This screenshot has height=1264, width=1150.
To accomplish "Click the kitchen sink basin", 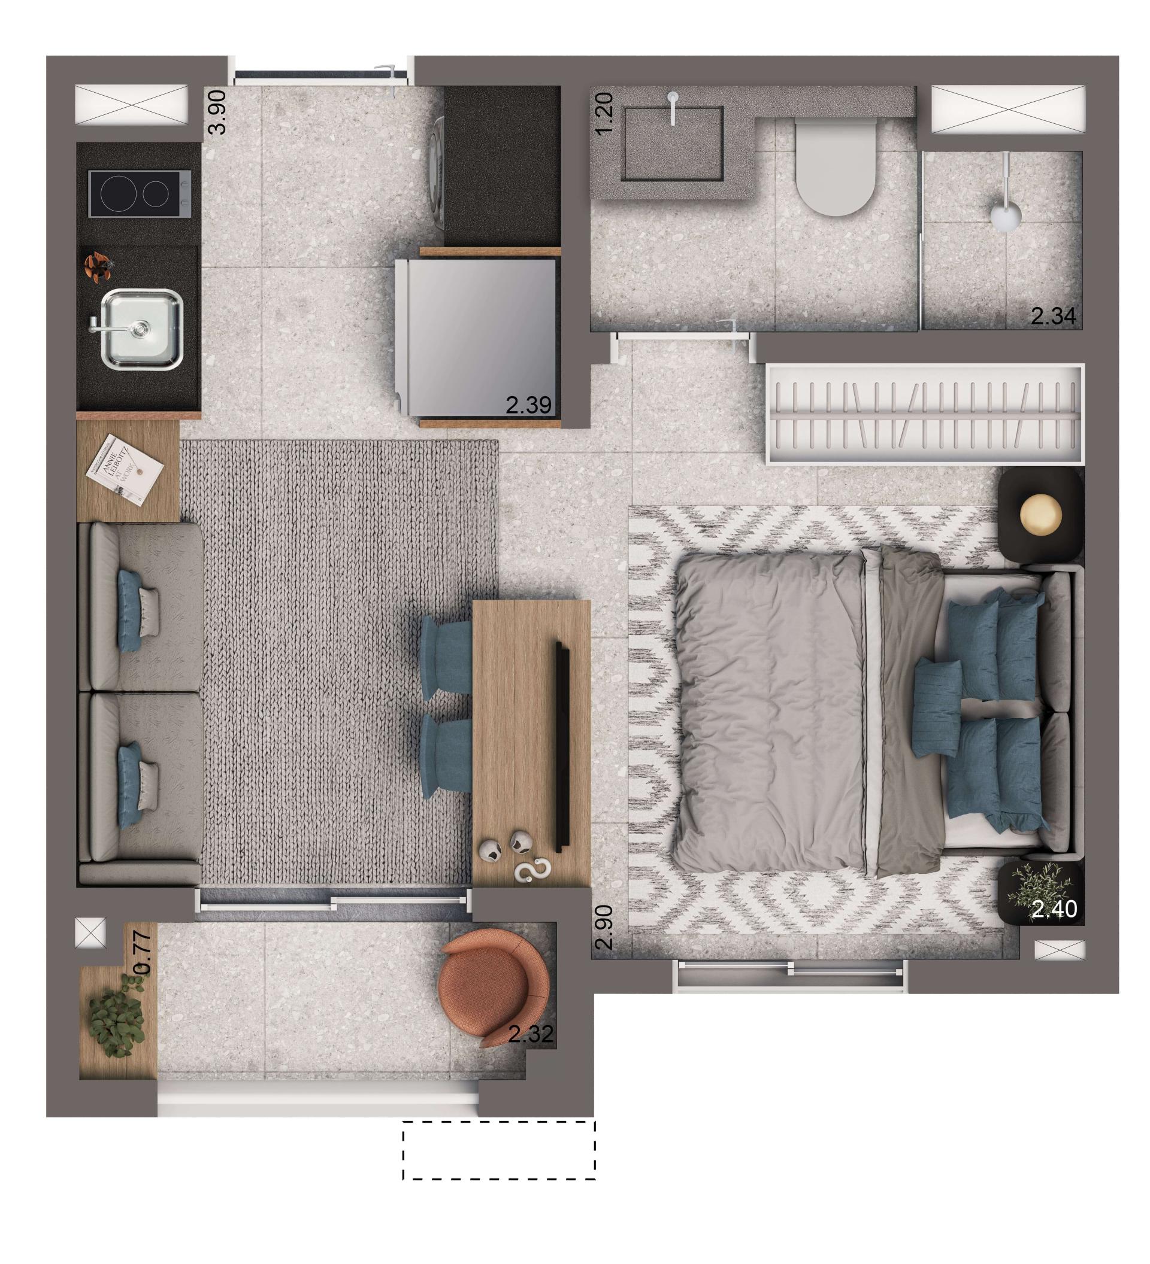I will point(142,329).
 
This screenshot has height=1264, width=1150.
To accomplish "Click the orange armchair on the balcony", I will point(491,989).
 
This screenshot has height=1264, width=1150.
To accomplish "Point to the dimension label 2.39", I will point(528,405).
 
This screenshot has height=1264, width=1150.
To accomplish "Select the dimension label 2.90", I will point(604,927).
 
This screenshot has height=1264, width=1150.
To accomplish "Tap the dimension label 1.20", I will point(604,114).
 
